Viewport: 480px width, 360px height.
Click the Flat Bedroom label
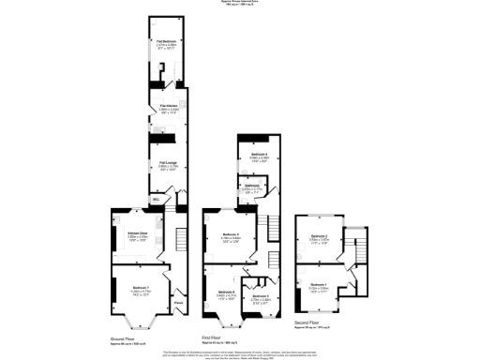point(168,42)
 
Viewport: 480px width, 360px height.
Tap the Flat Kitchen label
point(169,107)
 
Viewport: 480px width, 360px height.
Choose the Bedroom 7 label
point(141,287)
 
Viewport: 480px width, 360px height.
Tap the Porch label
point(178,302)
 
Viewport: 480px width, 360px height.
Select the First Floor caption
point(216,336)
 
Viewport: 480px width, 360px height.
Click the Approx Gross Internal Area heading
point(240,3)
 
